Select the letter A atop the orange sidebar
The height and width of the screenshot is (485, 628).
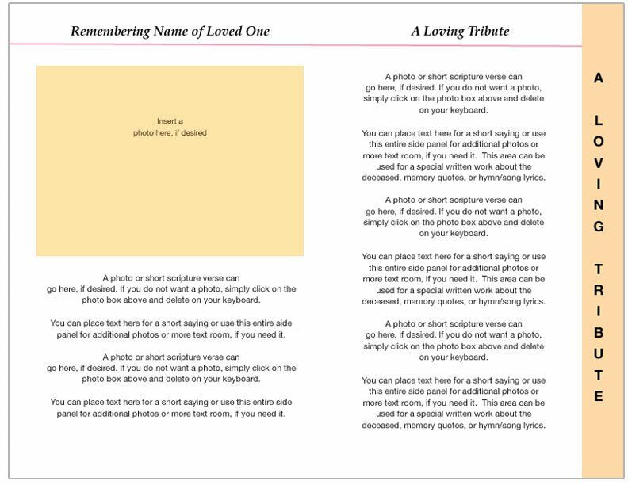click(x=599, y=78)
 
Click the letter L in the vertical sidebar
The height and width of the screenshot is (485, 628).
click(x=599, y=121)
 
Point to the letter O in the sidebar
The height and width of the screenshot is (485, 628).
click(x=599, y=142)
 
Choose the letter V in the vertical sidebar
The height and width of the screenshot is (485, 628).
click(x=599, y=163)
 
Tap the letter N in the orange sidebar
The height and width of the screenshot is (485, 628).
click(x=599, y=205)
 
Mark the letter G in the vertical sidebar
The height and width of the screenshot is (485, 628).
click(x=599, y=227)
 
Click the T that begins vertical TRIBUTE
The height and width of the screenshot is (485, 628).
click(x=599, y=269)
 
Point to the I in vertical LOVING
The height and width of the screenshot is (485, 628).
click(x=599, y=184)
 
